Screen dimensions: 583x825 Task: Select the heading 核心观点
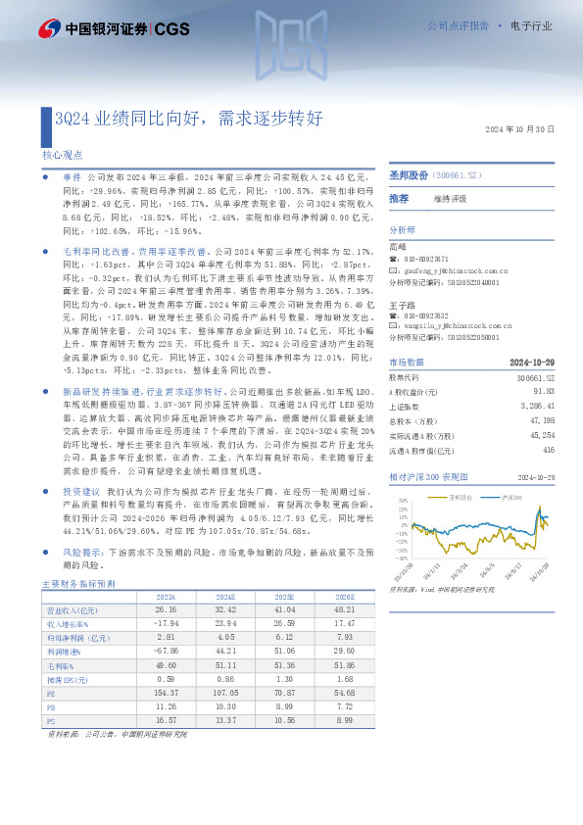tap(63, 155)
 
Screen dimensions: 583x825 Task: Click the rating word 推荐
tap(399, 198)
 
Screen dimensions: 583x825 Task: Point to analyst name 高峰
tap(397, 245)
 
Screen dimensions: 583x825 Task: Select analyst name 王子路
tap(399, 304)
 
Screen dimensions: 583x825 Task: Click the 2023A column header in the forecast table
tap(166, 597)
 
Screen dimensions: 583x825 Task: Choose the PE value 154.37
tap(167, 691)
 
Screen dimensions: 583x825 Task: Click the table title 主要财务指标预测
tap(77, 583)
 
